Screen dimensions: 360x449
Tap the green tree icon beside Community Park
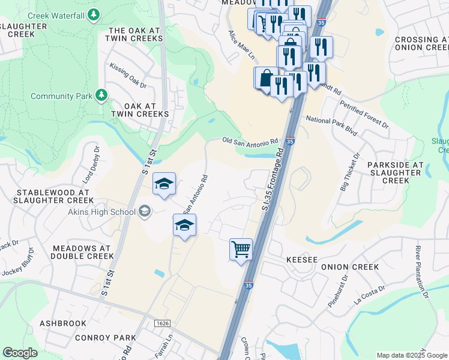101,95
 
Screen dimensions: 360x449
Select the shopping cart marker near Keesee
241,249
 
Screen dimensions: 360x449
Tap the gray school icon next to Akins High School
144,210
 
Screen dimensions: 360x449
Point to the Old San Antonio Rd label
250,141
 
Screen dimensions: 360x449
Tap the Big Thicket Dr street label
350,172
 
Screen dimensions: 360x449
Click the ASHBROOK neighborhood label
63,323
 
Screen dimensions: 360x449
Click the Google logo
20,353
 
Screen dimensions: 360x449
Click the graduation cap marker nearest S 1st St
163,185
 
